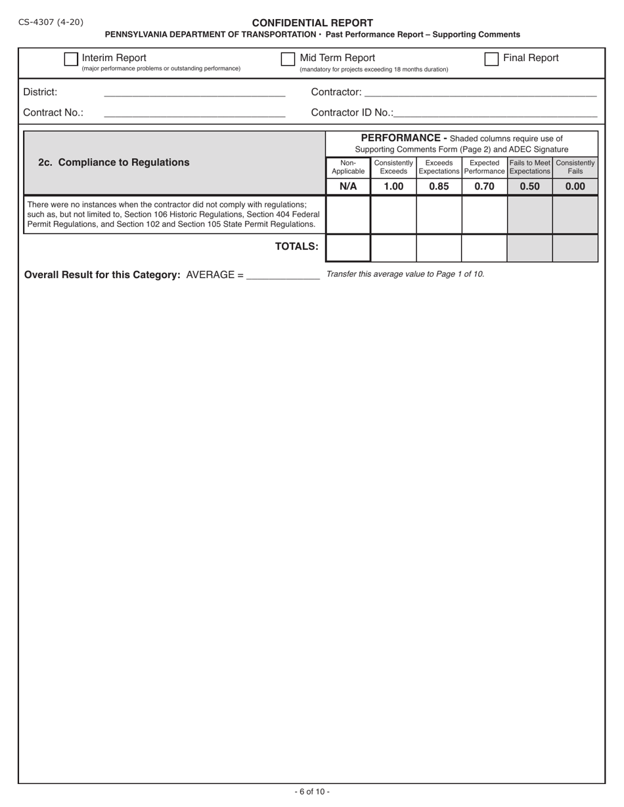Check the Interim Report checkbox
point(71,59)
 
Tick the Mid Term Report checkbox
point(288,59)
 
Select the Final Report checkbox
point(491,59)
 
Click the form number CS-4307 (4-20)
point(51,22)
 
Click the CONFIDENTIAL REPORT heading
point(312,23)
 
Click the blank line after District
point(194,93)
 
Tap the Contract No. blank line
point(194,113)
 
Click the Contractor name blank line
point(479,93)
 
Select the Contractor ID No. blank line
point(495,113)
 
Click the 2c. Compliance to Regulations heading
point(114,163)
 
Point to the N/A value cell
point(348,186)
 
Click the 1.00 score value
point(393,186)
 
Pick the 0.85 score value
point(439,186)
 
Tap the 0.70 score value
point(484,186)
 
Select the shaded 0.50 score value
point(529,186)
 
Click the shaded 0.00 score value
point(575,186)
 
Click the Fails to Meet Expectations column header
point(529,167)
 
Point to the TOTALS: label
point(296,247)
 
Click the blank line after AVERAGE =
point(282,276)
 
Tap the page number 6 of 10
point(312,792)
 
